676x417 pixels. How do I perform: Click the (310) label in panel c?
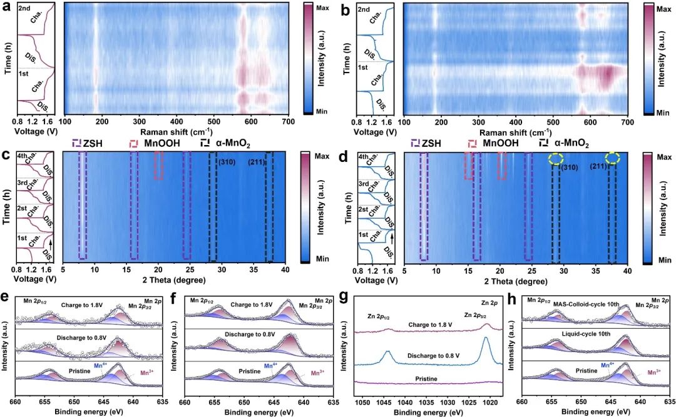click(226, 163)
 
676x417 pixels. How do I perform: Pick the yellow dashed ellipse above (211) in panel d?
click(613, 159)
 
